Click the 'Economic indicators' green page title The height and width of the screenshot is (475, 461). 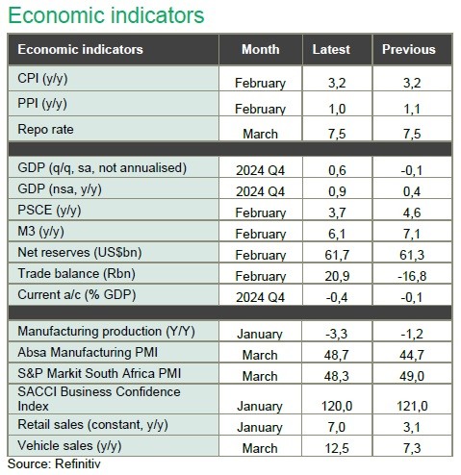pos(106,15)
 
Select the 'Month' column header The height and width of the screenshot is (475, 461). pos(261,49)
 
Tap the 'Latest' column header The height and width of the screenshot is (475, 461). pos(331,49)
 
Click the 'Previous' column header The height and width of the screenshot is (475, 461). pos(409,49)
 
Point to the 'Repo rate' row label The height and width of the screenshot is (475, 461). pos(45,130)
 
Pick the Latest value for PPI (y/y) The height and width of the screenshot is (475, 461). pos(337,109)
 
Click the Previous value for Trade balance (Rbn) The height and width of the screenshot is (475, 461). pos(412,276)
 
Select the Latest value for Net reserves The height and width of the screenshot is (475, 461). pos(337,255)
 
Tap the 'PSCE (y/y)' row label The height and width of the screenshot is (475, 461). pos(49,211)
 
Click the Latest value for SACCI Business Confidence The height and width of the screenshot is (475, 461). pos(337,406)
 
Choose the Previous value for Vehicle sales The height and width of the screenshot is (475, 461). pos(412,448)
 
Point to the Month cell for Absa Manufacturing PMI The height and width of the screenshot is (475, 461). pos(260,355)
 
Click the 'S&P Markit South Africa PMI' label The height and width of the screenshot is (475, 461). pos(99,373)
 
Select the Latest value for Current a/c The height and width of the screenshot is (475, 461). pos(337,297)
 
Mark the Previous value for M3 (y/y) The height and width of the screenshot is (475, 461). pos(412,234)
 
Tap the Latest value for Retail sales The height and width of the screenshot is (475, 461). pos(337,427)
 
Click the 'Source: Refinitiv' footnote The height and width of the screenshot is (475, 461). pos(54,463)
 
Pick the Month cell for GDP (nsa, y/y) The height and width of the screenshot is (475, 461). pos(260,191)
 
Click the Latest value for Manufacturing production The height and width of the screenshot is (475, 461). pos(337,334)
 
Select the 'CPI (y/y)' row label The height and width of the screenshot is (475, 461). pos(42,79)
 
